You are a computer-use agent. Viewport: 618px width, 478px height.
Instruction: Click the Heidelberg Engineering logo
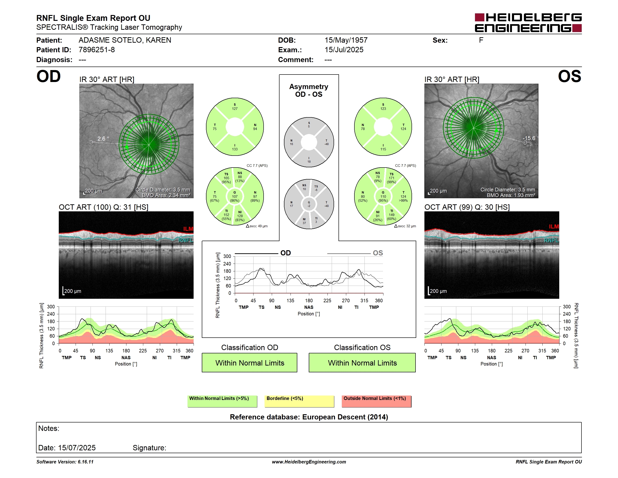(x=528, y=23)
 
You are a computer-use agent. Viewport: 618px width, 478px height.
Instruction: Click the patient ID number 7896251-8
(x=97, y=50)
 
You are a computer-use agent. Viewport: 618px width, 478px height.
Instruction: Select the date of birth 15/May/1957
(x=346, y=40)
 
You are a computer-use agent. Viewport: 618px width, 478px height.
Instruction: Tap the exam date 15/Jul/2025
(x=344, y=50)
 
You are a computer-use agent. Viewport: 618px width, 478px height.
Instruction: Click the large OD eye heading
(x=49, y=76)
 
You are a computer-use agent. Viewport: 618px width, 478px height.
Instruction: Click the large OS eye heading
(x=569, y=76)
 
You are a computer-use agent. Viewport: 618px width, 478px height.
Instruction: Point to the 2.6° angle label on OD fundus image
(x=103, y=138)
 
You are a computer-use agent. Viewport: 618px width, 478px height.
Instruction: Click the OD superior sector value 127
(x=235, y=109)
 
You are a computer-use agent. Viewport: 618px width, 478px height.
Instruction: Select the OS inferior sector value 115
(x=383, y=149)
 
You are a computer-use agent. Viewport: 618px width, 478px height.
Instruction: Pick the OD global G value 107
(x=235, y=197)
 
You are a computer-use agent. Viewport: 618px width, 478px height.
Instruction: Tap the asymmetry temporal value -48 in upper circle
(x=326, y=144)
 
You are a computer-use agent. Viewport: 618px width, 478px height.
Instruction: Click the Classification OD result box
(x=250, y=362)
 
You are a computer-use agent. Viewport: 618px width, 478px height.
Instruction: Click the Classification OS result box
(x=362, y=362)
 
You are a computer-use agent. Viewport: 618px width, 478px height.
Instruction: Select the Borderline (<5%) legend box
(x=299, y=401)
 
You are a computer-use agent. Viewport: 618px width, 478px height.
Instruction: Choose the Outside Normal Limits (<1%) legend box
(x=376, y=401)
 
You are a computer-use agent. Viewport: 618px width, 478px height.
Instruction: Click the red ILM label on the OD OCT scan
(x=188, y=229)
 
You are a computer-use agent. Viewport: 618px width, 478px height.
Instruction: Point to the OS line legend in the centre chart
(x=355, y=253)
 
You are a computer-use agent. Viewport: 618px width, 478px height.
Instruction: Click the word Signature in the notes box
(x=149, y=448)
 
